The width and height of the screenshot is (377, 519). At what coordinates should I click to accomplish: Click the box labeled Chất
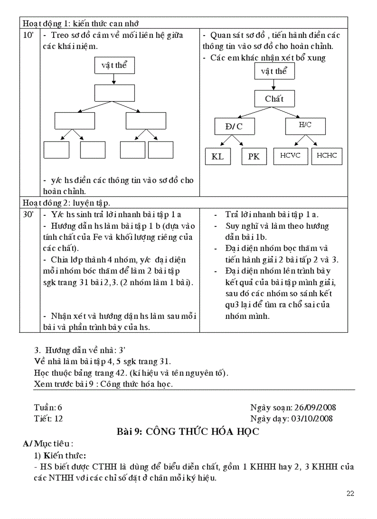pyautogui.click(x=274, y=98)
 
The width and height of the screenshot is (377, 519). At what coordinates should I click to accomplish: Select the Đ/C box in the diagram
pyautogui.click(x=234, y=126)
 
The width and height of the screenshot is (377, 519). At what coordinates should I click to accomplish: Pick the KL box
pyautogui.click(x=218, y=156)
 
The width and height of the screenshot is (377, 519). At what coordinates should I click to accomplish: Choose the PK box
pyautogui.click(x=254, y=156)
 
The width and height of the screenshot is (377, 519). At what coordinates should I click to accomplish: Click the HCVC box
pyautogui.click(x=290, y=156)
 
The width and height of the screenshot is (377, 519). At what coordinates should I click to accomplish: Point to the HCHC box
pyautogui.click(x=327, y=156)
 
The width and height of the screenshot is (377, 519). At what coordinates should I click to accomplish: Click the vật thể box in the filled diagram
pyautogui.click(x=274, y=71)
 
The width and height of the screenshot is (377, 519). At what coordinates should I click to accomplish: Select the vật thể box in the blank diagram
pyautogui.click(x=114, y=65)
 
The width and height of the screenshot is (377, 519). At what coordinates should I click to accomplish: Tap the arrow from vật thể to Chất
pyautogui.click(x=274, y=85)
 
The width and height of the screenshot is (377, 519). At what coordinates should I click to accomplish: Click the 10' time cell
pyautogui.click(x=28, y=36)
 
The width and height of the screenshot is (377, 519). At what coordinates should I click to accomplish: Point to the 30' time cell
pyautogui.click(x=28, y=215)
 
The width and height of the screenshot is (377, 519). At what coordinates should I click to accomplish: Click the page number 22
pyautogui.click(x=350, y=494)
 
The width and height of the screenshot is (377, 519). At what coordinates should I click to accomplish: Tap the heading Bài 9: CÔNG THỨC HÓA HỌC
pyautogui.click(x=188, y=432)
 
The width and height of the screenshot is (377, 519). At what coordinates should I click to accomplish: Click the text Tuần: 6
pyautogui.click(x=48, y=408)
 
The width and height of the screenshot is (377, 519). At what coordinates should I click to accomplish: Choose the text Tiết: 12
pyautogui.click(x=49, y=419)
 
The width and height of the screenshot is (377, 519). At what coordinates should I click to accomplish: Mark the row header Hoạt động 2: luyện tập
pyautogui.click(x=67, y=202)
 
